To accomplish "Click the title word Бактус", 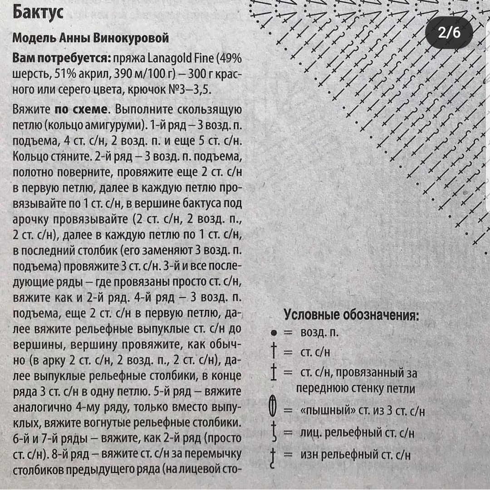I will [x=38, y=12].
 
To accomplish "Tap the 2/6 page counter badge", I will [x=449, y=33].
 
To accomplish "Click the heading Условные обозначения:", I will [x=351, y=315].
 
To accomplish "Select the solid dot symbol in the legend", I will [x=273, y=333].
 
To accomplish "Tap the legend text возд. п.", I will [x=319, y=333].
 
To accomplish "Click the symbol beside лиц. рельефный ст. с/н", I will [x=273, y=432].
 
